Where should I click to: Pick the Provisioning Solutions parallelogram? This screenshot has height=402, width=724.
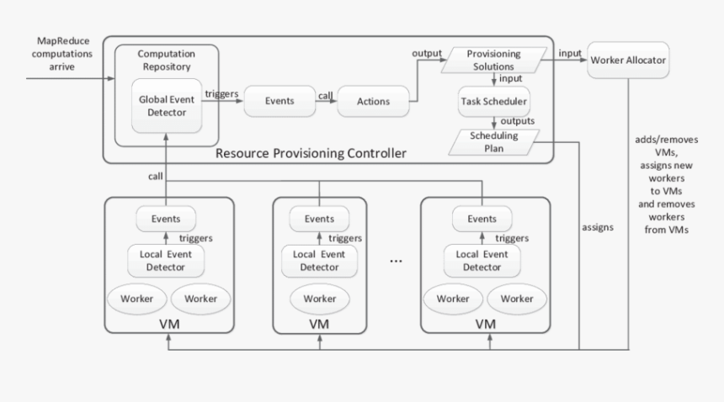tap(494, 60)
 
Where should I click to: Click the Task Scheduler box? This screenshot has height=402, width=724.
tap(494, 102)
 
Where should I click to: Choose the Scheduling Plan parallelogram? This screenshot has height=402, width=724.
tap(494, 140)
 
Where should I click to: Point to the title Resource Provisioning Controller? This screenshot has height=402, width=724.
tap(311, 153)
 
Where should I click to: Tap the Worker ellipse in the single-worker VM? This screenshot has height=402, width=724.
tap(319, 299)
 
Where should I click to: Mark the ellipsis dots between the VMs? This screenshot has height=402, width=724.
tap(397, 261)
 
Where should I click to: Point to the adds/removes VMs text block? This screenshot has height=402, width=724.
tap(664, 183)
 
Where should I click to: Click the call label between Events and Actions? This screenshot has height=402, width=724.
tap(325, 96)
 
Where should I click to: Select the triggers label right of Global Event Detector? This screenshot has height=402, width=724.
tap(221, 95)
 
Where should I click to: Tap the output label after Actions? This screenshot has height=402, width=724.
tap(427, 54)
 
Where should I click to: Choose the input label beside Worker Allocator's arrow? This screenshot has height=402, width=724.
tap(570, 53)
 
